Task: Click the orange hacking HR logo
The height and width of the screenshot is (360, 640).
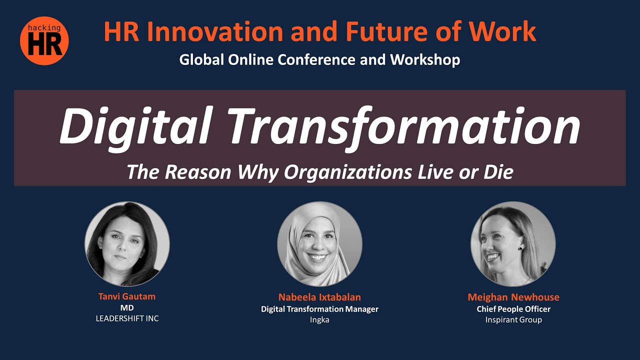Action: [x=44, y=40]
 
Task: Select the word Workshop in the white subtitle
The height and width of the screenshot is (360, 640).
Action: [x=425, y=59]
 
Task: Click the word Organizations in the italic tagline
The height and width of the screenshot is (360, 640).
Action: [x=348, y=172]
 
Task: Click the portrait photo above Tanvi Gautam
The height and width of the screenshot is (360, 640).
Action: [x=127, y=243]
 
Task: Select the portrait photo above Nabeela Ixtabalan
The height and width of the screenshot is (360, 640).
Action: [x=319, y=243]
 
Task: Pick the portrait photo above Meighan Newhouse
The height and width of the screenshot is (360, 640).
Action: [x=513, y=243]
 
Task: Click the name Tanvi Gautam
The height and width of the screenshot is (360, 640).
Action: [x=127, y=296]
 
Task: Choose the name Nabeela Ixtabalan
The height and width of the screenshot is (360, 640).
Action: [x=319, y=297]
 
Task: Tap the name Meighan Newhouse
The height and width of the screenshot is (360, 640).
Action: [x=513, y=297]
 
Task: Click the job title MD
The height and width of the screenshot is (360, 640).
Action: [x=127, y=307]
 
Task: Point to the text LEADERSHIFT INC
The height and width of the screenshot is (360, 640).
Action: [x=127, y=318]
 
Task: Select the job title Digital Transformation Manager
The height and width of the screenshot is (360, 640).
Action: [x=319, y=309]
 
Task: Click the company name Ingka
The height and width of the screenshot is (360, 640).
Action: [x=319, y=320]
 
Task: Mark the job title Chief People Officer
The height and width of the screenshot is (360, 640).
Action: [x=513, y=309]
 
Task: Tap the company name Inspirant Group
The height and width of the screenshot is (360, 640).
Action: [x=513, y=319]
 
